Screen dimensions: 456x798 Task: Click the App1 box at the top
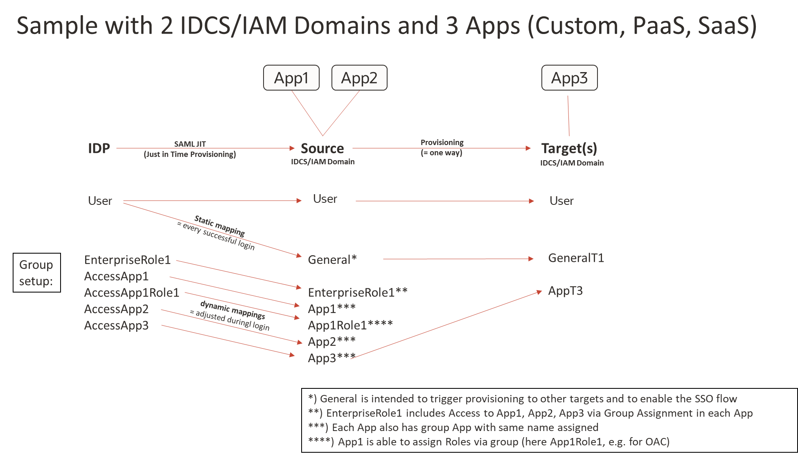point(291,78)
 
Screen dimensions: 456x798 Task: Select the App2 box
point(359,78)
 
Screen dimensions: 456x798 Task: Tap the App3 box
point(569,78)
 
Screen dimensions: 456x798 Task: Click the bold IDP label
point(99,148)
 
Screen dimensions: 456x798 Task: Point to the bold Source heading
point(322,148)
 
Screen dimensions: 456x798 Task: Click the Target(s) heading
point(569,148)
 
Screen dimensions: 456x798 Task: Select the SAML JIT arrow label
point(190,144)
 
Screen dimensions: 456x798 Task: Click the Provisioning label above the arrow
point(442,143)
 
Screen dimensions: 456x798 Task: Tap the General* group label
point(332,260)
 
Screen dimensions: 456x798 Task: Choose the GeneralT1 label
point(576,258)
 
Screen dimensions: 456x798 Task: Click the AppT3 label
point(565,291)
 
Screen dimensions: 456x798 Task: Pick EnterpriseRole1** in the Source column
point(357,293)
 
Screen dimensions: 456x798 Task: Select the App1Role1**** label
point(350,325)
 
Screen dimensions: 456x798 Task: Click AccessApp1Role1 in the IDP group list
point(131,293)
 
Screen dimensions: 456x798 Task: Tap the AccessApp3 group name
point(116,326)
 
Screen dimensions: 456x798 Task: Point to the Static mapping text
point(220,226)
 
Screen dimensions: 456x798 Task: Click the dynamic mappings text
point(232,310)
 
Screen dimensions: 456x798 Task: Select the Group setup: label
point(36,273)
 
